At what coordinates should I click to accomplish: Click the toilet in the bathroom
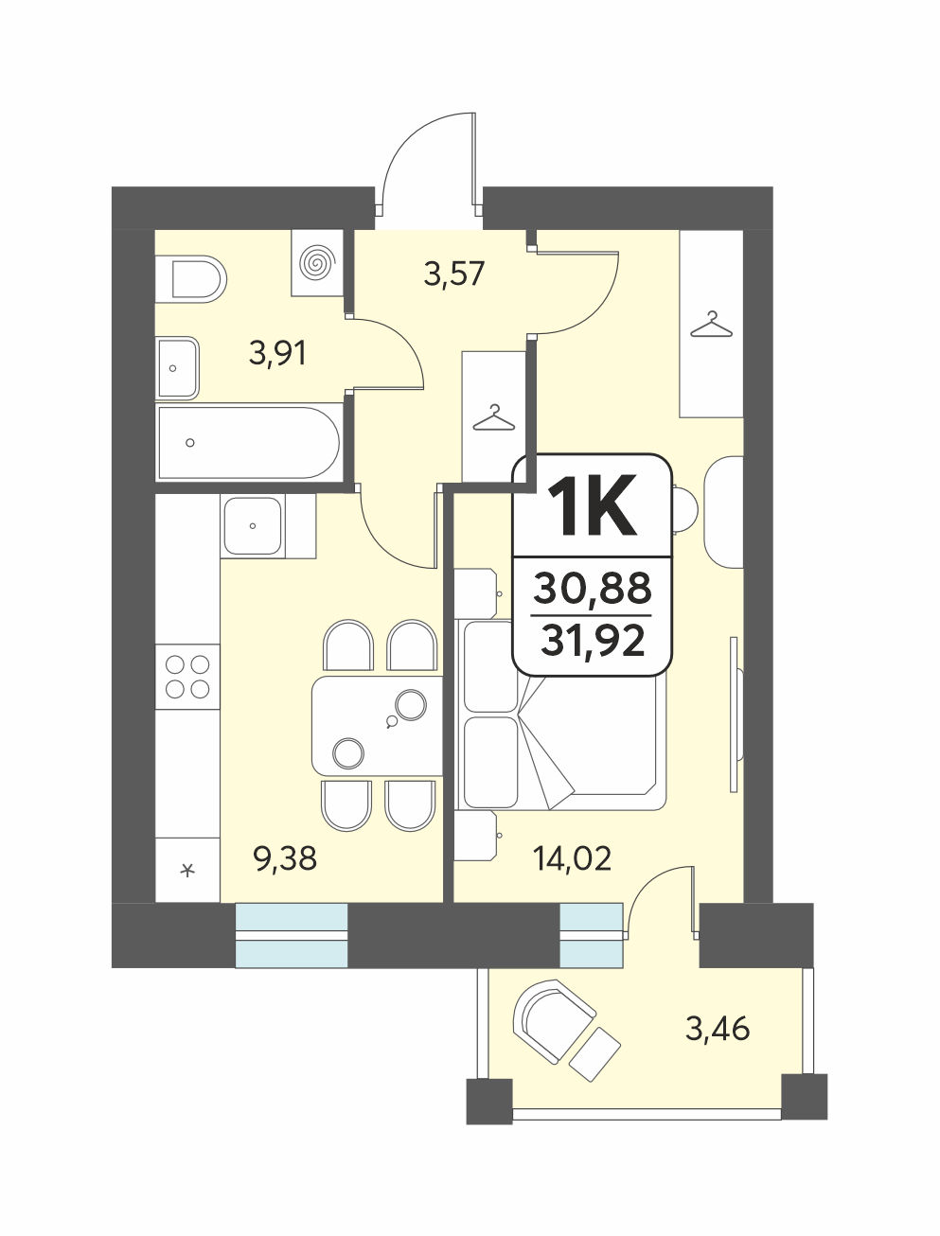190,279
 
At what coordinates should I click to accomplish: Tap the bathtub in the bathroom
248,443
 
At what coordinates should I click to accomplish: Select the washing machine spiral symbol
318,262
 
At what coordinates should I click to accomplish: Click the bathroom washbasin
177,368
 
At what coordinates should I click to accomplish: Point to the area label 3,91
277,355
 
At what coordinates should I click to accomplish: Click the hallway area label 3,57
454,274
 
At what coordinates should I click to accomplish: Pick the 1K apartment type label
594,506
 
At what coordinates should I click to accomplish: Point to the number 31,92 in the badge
593,641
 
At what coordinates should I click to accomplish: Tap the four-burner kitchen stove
187,677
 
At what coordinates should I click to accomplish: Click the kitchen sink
253,526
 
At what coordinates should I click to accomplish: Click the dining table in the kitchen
378,726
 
